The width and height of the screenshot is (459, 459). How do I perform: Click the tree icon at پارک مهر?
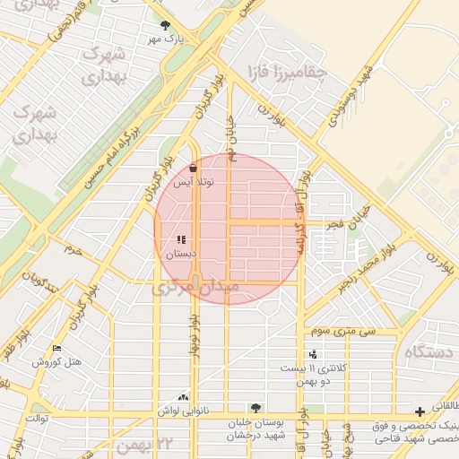tap(164, 26)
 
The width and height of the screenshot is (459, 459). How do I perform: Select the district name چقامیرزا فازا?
tap(303, 73)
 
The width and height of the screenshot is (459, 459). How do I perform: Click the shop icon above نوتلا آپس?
tap(194, 167)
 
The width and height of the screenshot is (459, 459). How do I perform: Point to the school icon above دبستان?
tap(181, 239)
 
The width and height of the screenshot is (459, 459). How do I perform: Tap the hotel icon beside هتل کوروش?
tap(57, 348)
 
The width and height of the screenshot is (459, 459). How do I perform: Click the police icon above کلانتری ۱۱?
tap(312, 354)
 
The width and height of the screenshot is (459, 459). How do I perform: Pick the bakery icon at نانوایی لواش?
tap(184, 396)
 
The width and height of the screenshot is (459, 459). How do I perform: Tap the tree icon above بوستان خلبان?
tap(256, 409)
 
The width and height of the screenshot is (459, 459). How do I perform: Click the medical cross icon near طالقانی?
tap(420, 411)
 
